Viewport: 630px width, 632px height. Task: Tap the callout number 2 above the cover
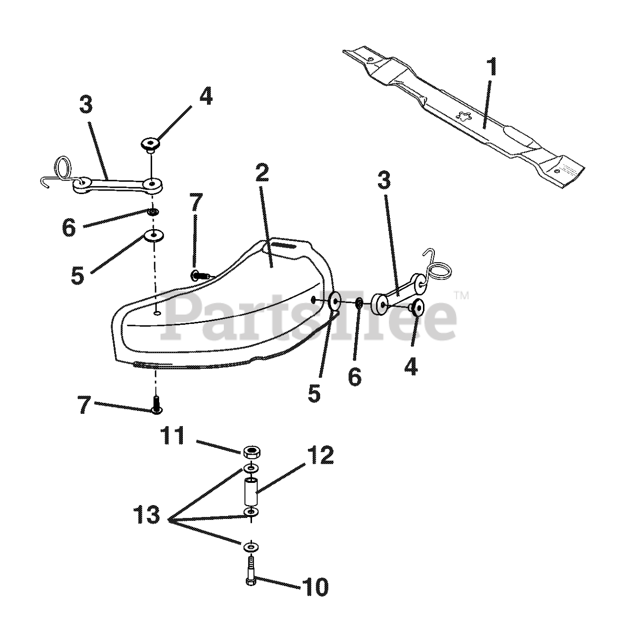(262, 174)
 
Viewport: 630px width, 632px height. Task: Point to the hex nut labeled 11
(252, 451)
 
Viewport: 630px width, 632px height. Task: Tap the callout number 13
(146, 515)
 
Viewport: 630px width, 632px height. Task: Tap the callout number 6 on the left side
(69, 228)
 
